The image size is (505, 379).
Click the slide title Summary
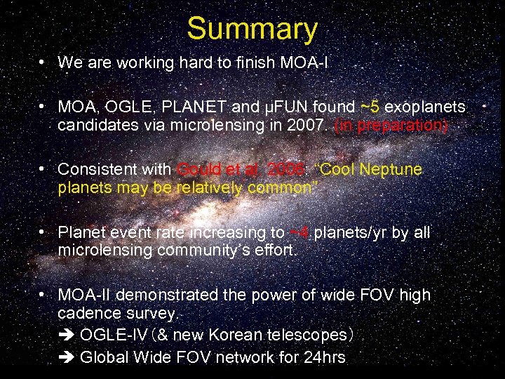point(252,29)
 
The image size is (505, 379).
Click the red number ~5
point(370,107)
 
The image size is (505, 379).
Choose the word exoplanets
point(425,107)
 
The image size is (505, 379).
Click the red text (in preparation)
point(391,126)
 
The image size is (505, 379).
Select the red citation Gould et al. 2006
point(242,170)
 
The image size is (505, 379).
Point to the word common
point(281,188)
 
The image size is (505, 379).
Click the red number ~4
point(299,232)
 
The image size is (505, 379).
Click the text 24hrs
point(323,357)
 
